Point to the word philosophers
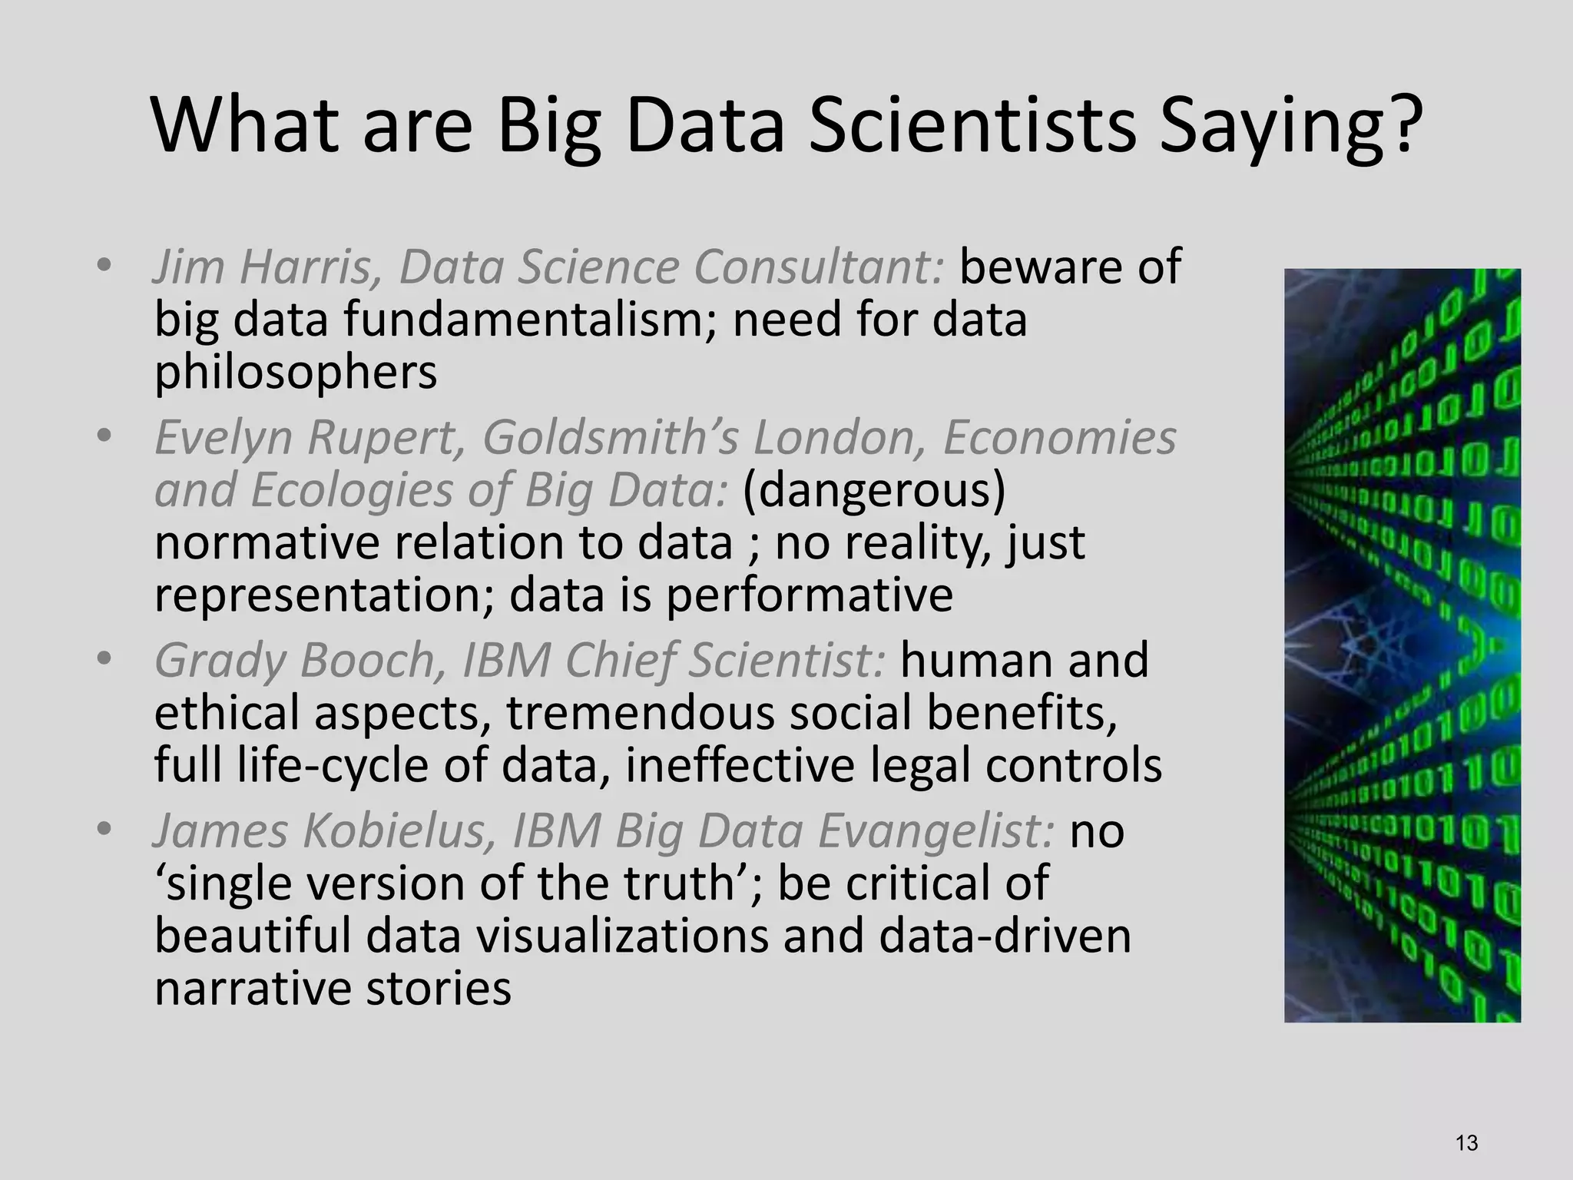coord(296,373)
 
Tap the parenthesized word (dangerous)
coord(874,491)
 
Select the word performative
coord(809,595)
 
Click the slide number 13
coord(1466,1143)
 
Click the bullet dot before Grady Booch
coord(104,660)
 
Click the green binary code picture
coord(1402,645)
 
